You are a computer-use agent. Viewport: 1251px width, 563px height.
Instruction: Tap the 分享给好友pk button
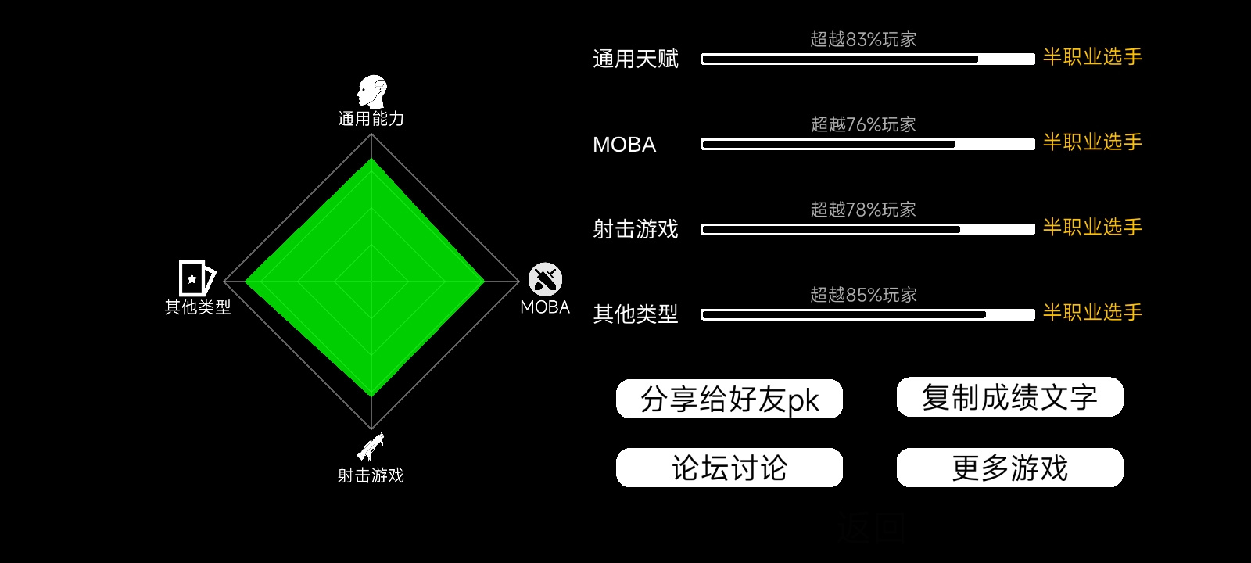[729, 399]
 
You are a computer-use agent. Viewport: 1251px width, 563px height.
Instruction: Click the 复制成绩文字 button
[1009, 397]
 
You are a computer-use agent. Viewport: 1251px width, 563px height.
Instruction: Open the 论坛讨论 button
[729, 468]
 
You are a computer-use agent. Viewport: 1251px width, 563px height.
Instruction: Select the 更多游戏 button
[1009, 468]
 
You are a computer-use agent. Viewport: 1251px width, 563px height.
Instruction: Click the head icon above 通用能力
[372, 91]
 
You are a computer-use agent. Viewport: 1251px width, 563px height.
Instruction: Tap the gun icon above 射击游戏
[371, 446]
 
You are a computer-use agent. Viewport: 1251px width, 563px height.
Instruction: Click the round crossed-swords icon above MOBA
[545, 279]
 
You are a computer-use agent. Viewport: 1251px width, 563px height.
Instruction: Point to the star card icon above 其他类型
[196, 278]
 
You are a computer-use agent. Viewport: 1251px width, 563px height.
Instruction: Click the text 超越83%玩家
[863, 39]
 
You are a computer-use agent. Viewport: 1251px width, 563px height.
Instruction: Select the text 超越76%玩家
[863, 124]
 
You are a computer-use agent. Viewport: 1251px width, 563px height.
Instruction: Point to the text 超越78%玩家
[863, 210]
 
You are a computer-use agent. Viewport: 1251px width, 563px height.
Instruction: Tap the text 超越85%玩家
[863, 295]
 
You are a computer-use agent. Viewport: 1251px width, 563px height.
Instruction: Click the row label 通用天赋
[636, 59]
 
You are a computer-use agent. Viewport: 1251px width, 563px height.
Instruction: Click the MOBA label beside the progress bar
[625, 145]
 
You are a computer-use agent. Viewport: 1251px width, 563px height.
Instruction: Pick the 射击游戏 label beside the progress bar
[636, 230]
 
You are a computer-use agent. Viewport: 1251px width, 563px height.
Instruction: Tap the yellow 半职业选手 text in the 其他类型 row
[1092, 312]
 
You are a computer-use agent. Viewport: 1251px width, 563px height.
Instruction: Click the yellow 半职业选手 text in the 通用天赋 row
[1092, 57]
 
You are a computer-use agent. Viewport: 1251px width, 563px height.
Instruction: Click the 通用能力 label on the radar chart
[371, 118]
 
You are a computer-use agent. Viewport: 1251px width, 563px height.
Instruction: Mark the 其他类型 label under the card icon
[198, 307]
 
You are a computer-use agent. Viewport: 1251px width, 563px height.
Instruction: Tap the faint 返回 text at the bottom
[873, 527]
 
